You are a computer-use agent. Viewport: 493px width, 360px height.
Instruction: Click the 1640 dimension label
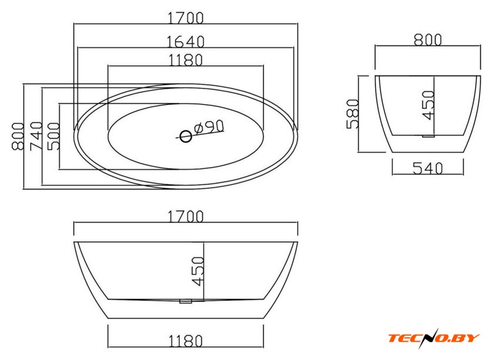(x=185, y=42)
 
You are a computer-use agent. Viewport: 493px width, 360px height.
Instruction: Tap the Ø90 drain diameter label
(x=209, y=127)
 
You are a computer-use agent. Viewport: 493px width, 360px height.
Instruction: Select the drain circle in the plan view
(x=186, y=137)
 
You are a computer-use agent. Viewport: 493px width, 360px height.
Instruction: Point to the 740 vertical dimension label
(x=36, y=136)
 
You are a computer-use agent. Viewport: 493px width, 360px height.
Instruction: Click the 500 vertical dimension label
(x=53, y=136)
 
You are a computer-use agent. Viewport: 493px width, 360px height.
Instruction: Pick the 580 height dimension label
(x=353, y=114)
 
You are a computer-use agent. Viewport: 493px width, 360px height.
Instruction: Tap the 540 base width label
(x=428, y=168)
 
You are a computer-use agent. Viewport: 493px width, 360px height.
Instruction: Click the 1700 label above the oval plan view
(x=185, y=18)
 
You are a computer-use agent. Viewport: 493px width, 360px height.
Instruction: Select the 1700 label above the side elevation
(x=185, y=217)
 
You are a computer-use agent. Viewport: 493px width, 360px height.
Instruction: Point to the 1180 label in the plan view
(x=185, y=60)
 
